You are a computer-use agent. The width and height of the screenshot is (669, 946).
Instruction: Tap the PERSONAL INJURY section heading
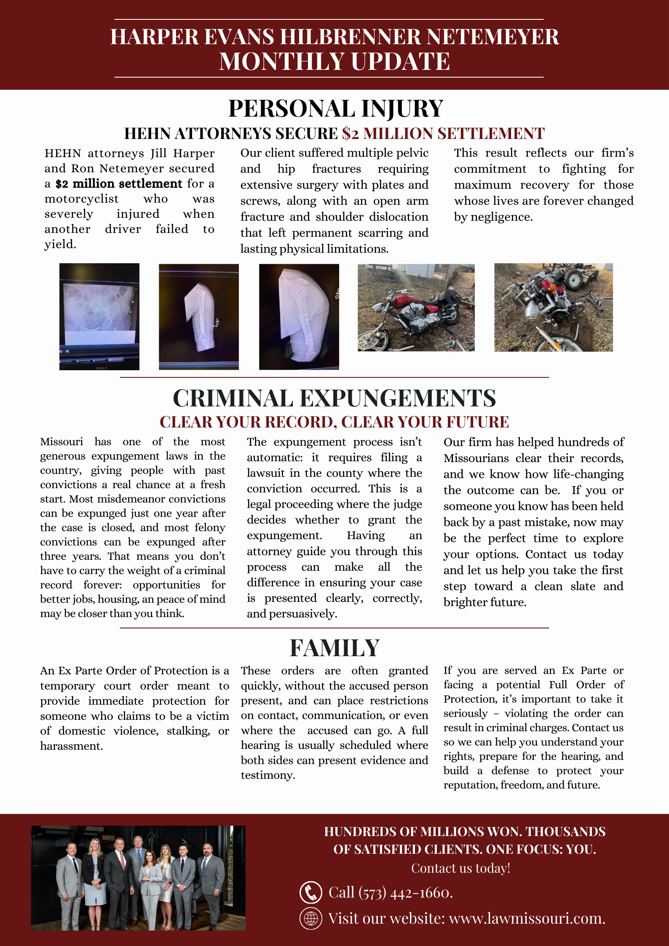point(335,108)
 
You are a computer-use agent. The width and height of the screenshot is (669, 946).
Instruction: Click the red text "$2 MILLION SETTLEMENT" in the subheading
point(443,134)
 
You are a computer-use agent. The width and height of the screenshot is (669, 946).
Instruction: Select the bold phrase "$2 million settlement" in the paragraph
point(119,184)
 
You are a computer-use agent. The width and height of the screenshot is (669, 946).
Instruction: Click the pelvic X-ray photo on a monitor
point(99,316)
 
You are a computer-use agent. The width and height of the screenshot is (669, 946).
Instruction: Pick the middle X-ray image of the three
point(199,317)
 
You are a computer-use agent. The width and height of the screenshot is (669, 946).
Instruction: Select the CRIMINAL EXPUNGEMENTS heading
point(334,398)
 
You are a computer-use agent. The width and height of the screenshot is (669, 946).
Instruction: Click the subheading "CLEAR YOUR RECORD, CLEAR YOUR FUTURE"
point(334,422)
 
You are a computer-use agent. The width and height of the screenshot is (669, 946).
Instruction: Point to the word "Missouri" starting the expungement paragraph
point(62,442)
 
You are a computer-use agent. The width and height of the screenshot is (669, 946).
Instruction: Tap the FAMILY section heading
point(334,648)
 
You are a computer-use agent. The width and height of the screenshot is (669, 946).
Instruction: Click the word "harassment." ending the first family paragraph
point(72,746)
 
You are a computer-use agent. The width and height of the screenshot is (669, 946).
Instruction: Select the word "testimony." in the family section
point(268,775)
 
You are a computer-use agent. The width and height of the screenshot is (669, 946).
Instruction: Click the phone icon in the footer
point(310,892)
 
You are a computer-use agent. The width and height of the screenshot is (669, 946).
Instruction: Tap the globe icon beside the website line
point(310,918)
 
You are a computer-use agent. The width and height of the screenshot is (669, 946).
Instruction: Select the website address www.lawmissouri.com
point(527,918)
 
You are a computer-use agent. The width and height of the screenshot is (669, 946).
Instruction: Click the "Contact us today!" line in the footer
point(460,868)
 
